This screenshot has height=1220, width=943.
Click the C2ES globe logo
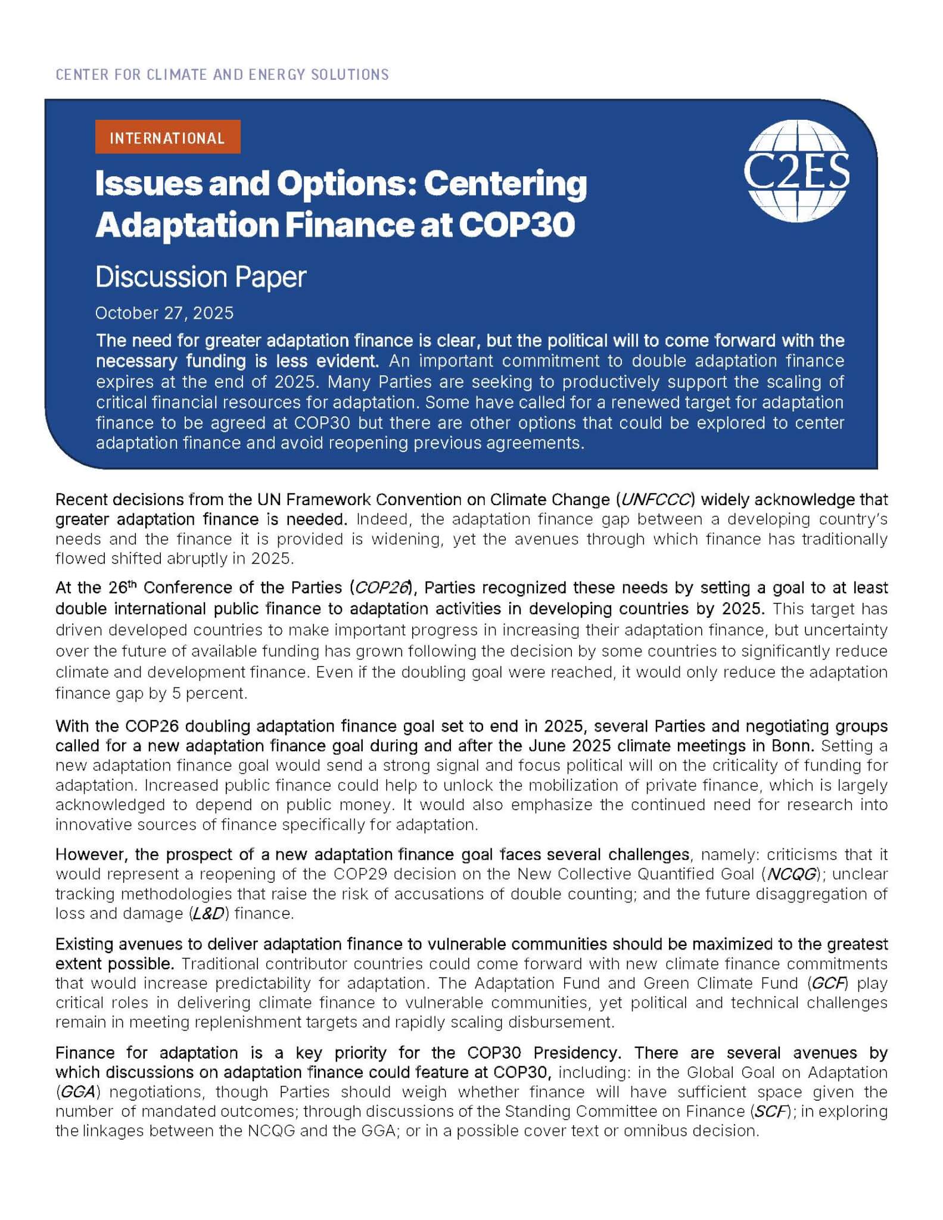(796, 172)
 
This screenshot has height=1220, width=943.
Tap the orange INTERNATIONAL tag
(167, 138)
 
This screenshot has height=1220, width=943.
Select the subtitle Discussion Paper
(201, 277)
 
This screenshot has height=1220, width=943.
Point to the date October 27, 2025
(164, 313)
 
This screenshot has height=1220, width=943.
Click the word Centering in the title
(505, 183)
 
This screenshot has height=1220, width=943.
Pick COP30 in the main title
(516, 225)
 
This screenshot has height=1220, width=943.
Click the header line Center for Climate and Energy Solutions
(222, 74)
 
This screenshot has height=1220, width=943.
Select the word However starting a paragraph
(90, 854)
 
